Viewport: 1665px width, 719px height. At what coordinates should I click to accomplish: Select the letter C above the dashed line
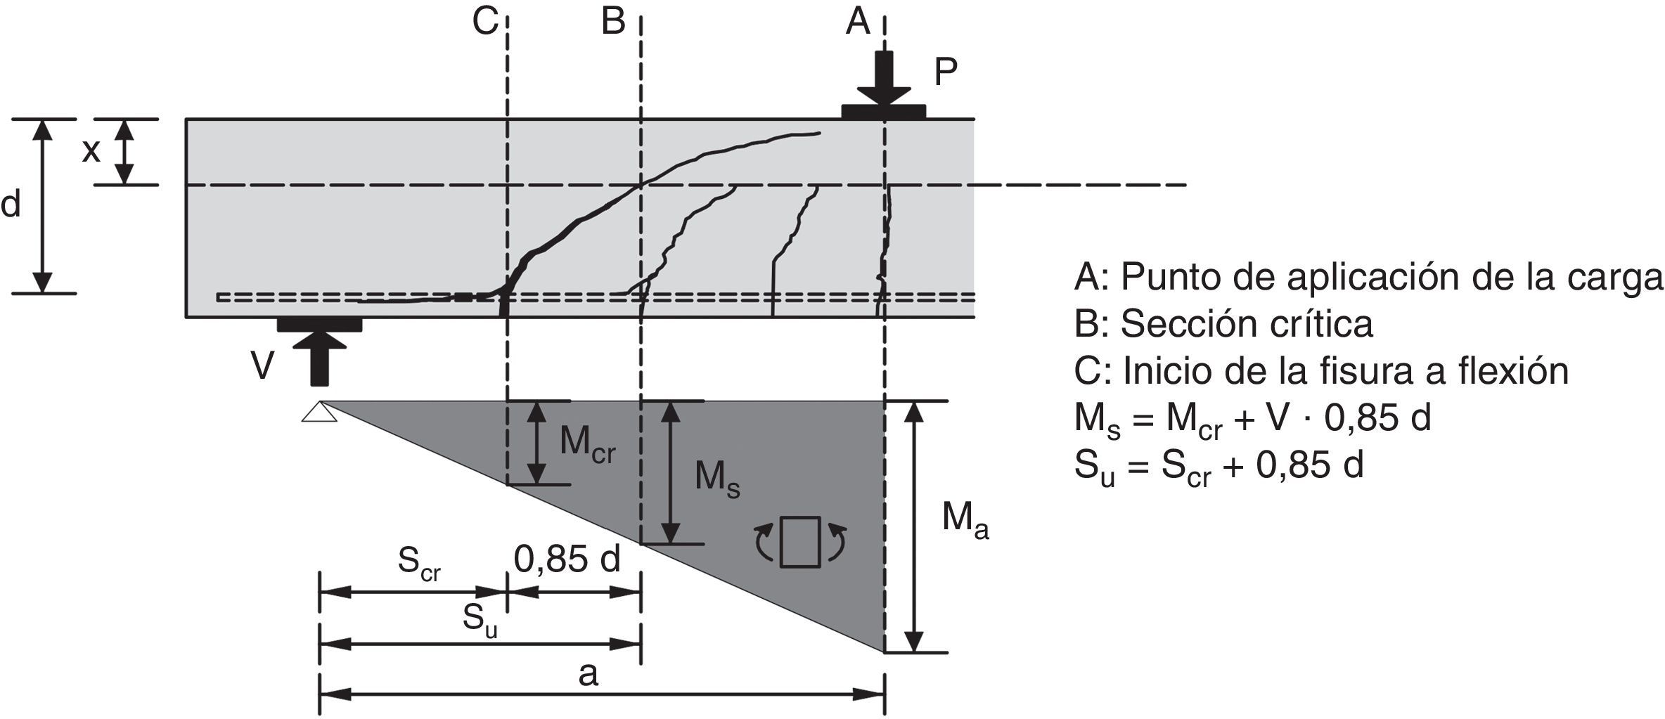tap(485, 22)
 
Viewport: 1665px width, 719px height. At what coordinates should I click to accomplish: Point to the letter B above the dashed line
tap(613, 22)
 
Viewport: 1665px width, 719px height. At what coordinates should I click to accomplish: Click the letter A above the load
tap(858, 22)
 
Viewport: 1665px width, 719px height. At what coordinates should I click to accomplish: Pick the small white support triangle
tap(320, 412)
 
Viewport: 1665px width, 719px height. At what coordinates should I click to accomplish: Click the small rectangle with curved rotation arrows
tap(800, 541)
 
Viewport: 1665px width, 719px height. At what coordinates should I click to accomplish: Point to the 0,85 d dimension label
tap(567, 559)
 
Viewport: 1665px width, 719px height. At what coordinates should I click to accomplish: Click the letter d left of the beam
tap(11, 205)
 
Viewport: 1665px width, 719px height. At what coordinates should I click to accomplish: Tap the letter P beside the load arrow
tap(946, 72)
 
